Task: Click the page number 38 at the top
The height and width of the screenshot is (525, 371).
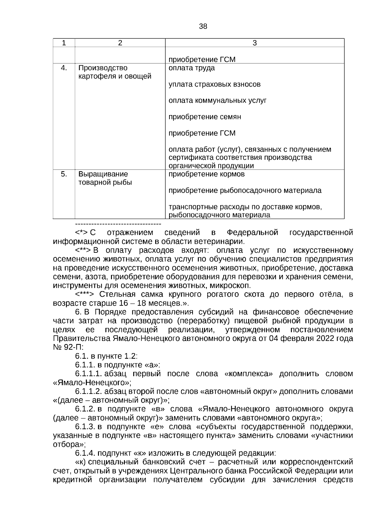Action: [203, 27]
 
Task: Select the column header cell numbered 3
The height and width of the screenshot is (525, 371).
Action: [254, 43]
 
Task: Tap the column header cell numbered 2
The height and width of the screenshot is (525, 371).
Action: [120, 43]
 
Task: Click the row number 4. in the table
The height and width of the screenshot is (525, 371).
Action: [64, 68]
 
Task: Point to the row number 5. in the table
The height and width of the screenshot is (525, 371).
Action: [64, 174]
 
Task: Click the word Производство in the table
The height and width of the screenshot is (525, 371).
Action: [103, 68]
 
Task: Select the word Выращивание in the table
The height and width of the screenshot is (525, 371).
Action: [103, 174]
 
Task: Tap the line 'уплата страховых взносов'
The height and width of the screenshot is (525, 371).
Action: [214, 84]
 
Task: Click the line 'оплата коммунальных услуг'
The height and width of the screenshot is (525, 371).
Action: [217, 101]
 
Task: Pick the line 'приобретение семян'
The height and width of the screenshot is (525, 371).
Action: [205, 117]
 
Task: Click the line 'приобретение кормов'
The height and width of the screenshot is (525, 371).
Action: [207, 174]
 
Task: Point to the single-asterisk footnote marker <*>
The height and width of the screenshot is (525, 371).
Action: [81, 232]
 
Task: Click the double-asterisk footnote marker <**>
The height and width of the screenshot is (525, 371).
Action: [83, 250]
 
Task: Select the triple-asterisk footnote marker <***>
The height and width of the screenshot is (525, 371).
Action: [84, 294]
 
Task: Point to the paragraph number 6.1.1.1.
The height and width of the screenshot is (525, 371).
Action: [88, 374]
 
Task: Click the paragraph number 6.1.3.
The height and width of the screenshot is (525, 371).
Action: [85, 427]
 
